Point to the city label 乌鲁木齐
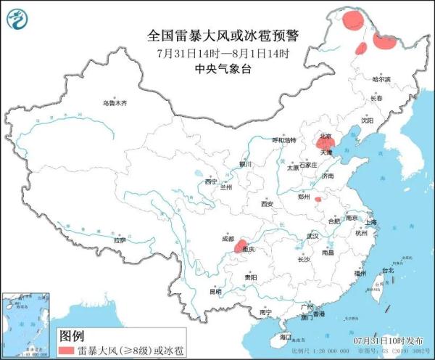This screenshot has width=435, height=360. (114, 104)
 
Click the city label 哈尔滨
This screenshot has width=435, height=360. (381, 78)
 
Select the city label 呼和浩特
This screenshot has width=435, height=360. (284, 139)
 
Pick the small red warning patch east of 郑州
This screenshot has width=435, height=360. (318, 198)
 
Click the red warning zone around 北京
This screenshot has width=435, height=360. (324, 142)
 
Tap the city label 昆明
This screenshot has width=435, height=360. (215, 291)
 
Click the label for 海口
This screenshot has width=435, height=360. (286, 337)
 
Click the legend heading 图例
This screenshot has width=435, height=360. (72, 336)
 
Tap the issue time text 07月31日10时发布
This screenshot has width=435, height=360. (387, 340)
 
